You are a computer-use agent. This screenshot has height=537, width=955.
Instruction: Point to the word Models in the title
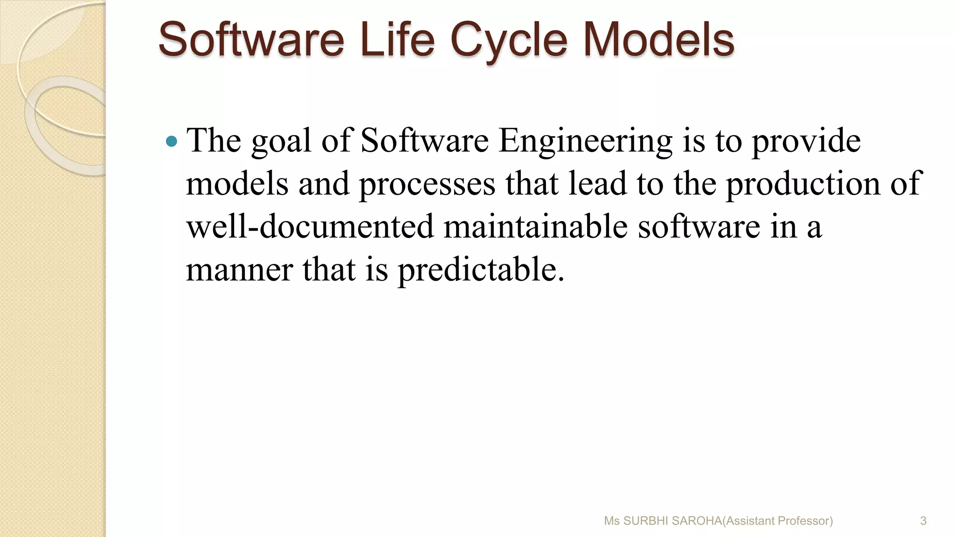pyautogui.click(x=658, y=40)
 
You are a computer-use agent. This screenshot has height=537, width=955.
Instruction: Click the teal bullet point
pyautogui.click(x=172, y=140)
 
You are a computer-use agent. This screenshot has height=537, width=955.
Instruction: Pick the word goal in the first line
pyautogui.click(x=281, y=140)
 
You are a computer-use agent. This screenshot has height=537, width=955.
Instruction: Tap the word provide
pyautogui.click(x=806, y=140)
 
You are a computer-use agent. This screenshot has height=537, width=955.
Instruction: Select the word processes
pyautogui.click(x=427, y=184)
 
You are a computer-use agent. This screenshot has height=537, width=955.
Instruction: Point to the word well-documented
pyautogui.click(x=310, y=227)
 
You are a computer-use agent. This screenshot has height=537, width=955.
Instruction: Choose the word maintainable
pyautogui.click(x=535, y=227)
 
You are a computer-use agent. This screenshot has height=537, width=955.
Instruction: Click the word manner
pyautogui.click(x=239, y=270)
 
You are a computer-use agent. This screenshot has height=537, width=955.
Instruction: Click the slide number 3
pyautogui.click(x=923, y=521)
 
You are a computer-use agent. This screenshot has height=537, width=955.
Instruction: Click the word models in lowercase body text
pyautogui.click(x=237, y=184)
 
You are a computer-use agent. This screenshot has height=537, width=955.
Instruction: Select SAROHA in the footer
pyautogui.click(x=697, y=521)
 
